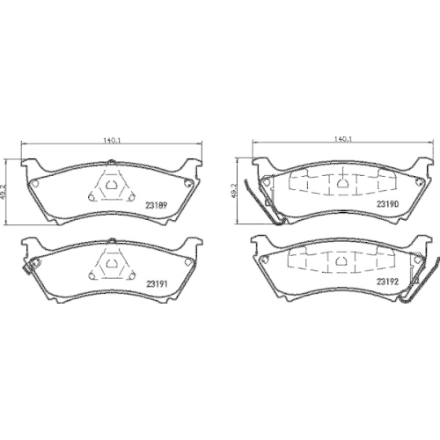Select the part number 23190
388,205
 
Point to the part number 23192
388,281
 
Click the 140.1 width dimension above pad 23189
111,139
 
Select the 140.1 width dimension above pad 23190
344,139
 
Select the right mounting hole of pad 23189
187,183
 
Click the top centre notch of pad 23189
111,160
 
